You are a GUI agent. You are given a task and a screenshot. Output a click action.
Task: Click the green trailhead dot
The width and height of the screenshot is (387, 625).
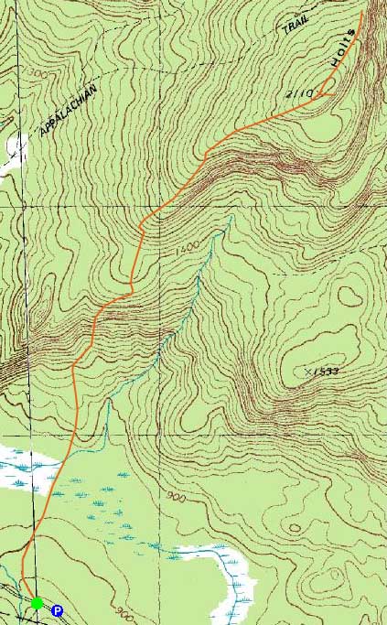[x=37, y=602]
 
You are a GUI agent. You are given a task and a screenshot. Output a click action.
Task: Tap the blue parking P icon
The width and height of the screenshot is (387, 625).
[x=57, y=610]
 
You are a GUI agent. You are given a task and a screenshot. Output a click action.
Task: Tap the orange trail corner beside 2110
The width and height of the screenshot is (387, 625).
[x=327, y=93]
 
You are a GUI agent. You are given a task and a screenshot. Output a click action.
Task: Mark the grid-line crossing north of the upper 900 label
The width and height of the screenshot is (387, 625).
[x=164, y=458]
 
